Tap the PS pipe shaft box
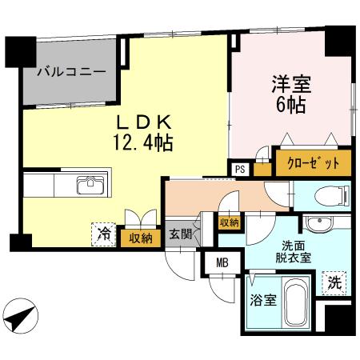coord(239,168)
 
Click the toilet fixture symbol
coord(327,194)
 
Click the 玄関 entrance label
coord(180,235)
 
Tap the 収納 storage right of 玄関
coord(229,222)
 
